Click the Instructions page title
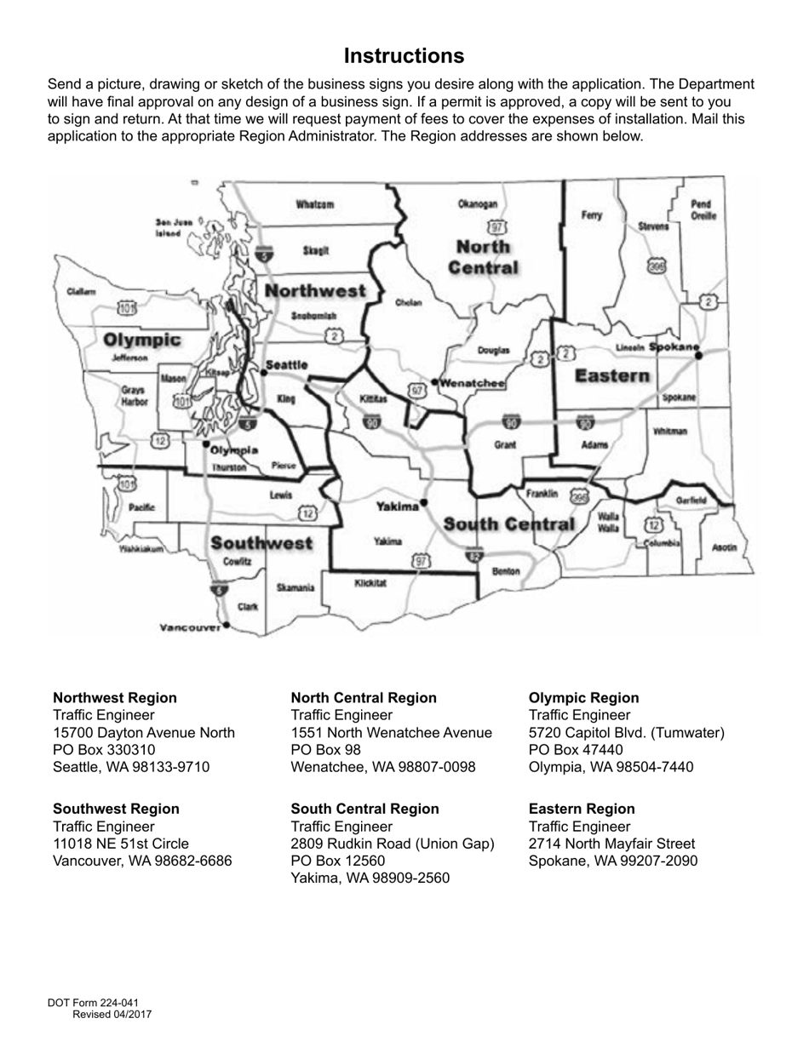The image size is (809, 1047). point(404,56)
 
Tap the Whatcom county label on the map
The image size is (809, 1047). point(314,204)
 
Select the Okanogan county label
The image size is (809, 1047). point(477,204)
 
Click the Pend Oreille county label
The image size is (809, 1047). point(703,210)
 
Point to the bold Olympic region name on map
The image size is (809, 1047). point(142,340)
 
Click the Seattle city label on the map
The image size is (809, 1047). point(287,365)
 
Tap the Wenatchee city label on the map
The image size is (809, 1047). point(473,384)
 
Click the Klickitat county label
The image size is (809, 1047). point(370,583)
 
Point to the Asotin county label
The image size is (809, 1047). point(724,547)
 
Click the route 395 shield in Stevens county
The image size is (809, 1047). point(656,266)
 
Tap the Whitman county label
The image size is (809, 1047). point(670,432)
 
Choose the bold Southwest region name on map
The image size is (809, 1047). point(261,542)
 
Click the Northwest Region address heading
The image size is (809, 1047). point(115,698)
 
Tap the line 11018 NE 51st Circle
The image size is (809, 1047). point(121,844)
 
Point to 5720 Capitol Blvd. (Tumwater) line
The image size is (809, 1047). point(627,732)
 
